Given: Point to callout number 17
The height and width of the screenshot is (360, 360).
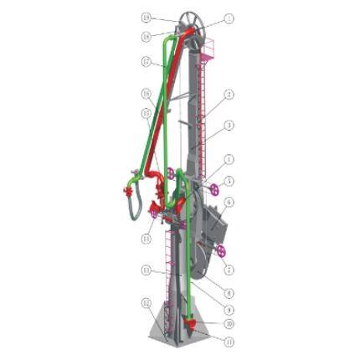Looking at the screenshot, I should click(147, 61).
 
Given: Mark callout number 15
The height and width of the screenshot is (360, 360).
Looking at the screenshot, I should click(147, 111).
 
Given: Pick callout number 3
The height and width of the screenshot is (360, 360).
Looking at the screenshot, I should click(229, 126).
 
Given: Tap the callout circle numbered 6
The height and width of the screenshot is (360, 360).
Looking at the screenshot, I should click(229, 202).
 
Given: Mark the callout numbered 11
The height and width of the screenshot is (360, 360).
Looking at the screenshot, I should click(229, 342).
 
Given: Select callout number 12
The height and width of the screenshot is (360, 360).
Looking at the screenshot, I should click(147, 302).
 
